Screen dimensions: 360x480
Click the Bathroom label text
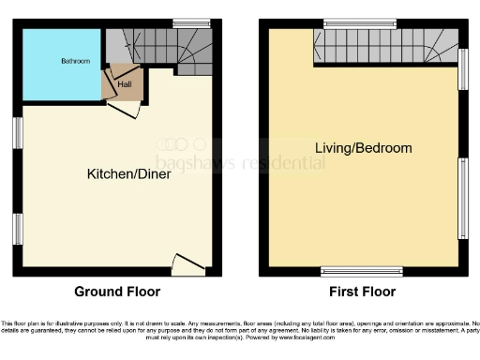pyautogui.click(x=76, y=62)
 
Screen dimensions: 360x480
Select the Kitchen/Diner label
pyautogui.click(x=128, y=173)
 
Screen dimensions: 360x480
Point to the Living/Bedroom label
pyautogui.click(x=363, y=148)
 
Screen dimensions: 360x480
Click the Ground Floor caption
pyautogui.click(x=117, y=292)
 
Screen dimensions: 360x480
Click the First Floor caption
pyautogui.click(x=361, y=292)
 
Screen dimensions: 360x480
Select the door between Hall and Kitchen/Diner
pyautogui.click(x=125, y=110)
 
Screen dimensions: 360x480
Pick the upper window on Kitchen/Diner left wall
pyautogui.click(x=17, y=132)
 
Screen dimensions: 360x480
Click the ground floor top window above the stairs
pyautogui.click(x=190, y=22)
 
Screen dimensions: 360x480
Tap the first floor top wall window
pyautogui.click(x=359, y=22)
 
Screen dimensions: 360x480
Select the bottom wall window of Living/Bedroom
pyautogui.click(x=361, y=272)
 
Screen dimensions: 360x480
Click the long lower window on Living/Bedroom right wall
pyautogui.click(x=463, y=198)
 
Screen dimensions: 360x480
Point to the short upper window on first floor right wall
pyautogui.click(x=463, y=69)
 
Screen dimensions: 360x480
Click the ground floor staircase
pyautogui.click(x=163, y=48)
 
